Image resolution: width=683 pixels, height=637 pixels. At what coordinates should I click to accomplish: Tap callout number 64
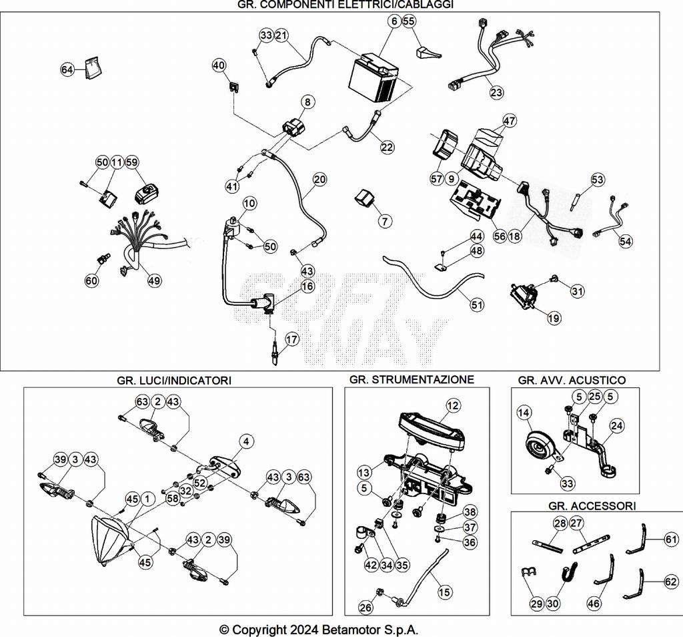click(67, 69)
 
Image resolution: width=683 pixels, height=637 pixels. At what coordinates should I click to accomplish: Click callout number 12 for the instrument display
click(453, 405)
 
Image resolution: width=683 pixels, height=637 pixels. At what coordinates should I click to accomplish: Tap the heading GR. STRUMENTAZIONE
click(412, 379)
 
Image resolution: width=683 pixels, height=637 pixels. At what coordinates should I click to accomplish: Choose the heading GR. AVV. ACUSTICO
click(572, 380)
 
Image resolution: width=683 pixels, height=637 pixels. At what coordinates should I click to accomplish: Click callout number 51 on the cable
click(476, 305)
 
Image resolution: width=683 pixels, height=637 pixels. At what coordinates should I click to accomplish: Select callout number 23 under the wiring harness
click(496, 93)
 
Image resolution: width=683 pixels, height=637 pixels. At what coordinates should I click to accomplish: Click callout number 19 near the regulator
click(554, 318)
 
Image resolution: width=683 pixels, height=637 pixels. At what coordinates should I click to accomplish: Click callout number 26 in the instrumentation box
click(365, 608)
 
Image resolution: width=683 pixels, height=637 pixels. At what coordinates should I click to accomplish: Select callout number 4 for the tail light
click(247, 441)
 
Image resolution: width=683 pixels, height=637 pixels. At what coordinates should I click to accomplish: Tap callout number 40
click(219, 65)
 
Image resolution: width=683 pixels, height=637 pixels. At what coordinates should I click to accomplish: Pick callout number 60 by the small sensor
click(91, 280)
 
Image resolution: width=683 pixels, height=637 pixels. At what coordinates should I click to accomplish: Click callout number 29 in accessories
click(536, 604)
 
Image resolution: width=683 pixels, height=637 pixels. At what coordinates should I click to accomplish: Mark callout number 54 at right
click(625, 241)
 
